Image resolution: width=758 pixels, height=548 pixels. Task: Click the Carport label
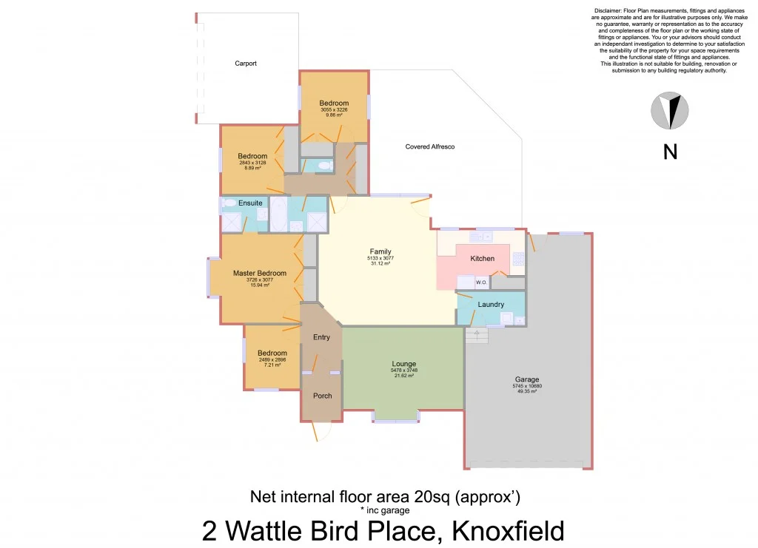[x=246, y=64]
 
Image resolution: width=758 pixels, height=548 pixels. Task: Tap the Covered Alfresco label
[x=429, y=147]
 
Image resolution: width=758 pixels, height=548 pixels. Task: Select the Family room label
[x=380, y=251]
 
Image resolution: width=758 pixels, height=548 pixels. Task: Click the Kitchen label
[x=483, y=259]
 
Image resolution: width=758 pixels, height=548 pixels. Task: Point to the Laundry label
[x=491, y=305]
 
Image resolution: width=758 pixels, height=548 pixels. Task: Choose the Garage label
[x=528, y=379]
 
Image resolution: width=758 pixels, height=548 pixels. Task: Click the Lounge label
[x=403, y=364]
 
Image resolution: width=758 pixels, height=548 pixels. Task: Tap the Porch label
[x=322, y=396]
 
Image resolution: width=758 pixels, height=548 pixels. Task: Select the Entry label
[x=321, y=337]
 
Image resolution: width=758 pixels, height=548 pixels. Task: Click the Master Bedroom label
[x=259, y=274]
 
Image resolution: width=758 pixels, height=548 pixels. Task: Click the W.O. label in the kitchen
[x=480, y=282]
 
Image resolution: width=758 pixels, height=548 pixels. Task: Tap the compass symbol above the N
[x=670, y=111]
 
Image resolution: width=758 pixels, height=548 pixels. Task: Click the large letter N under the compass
[x=670, y=152]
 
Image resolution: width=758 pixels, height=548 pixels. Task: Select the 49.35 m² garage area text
[x=528, y=391]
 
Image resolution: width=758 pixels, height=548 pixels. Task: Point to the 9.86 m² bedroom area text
[x=334, y=115]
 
